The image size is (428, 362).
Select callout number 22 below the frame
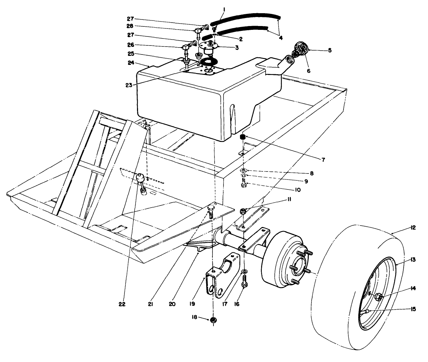click(121, 304)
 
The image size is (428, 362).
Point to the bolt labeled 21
click(211, 210)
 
